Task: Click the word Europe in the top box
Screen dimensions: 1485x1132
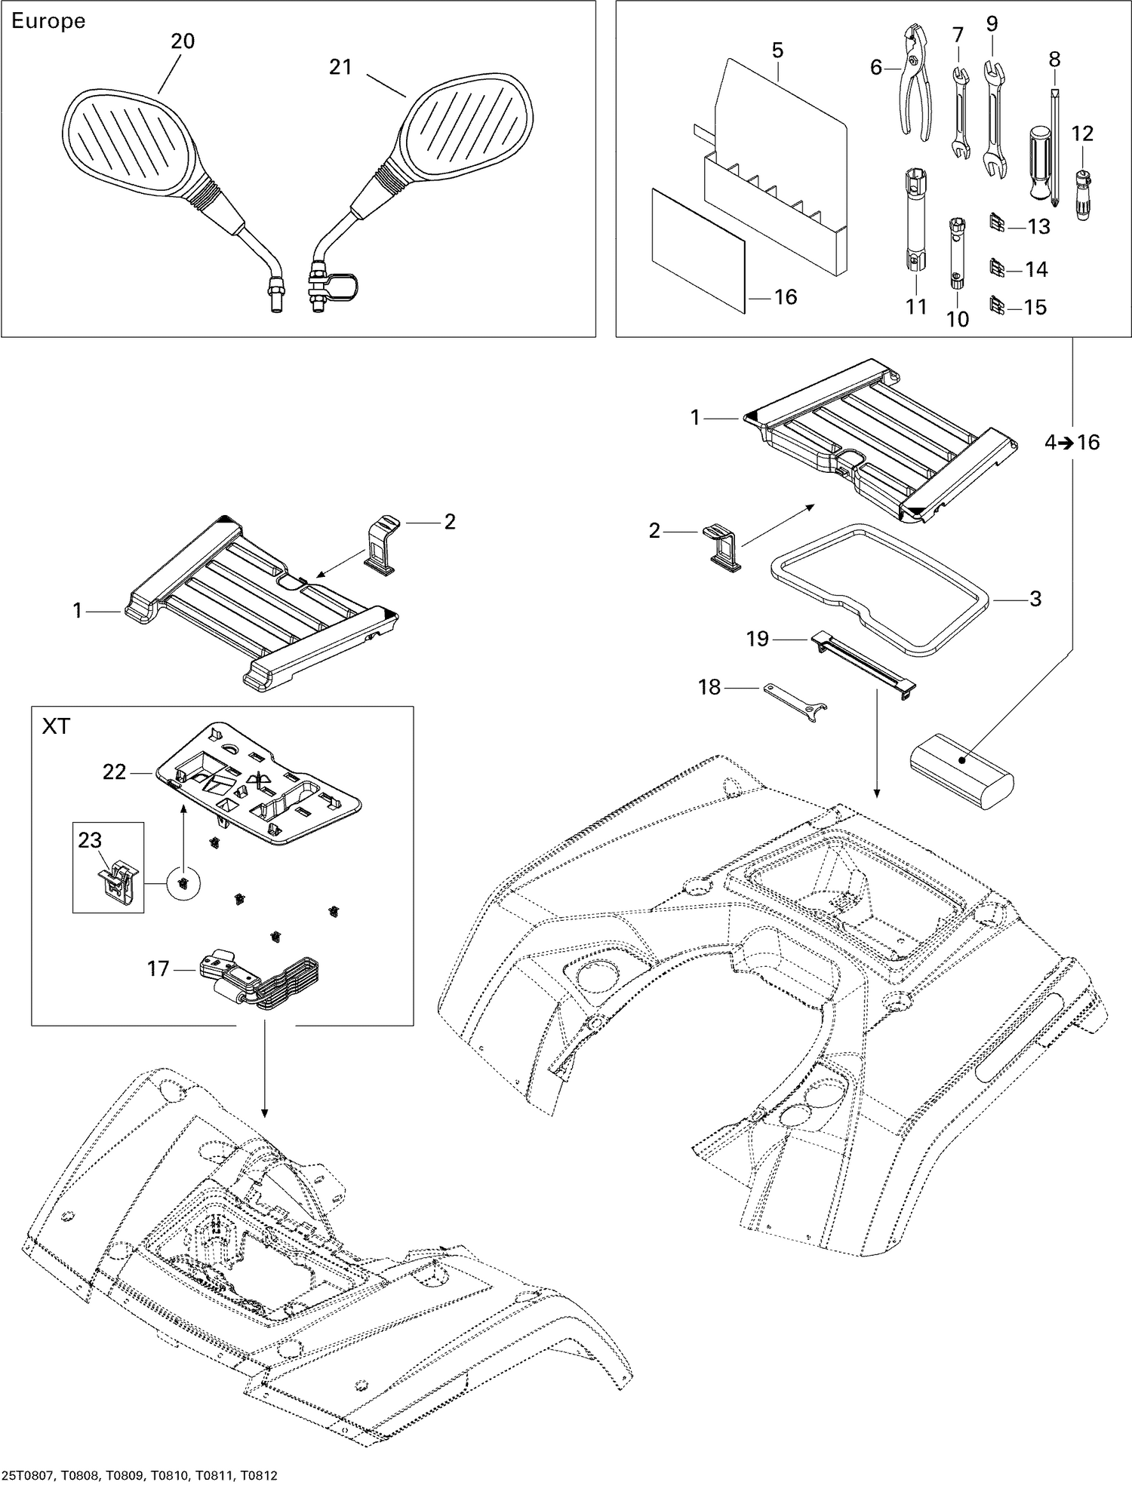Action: [x=48, y=21]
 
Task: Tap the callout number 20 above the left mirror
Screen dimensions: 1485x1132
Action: [x=182, y=41]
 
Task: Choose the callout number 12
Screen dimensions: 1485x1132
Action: [x=1082, y=133]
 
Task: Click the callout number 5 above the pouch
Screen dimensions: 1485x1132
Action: [x=777, y=51]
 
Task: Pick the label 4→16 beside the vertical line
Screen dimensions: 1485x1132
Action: [x=1072, y=443]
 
